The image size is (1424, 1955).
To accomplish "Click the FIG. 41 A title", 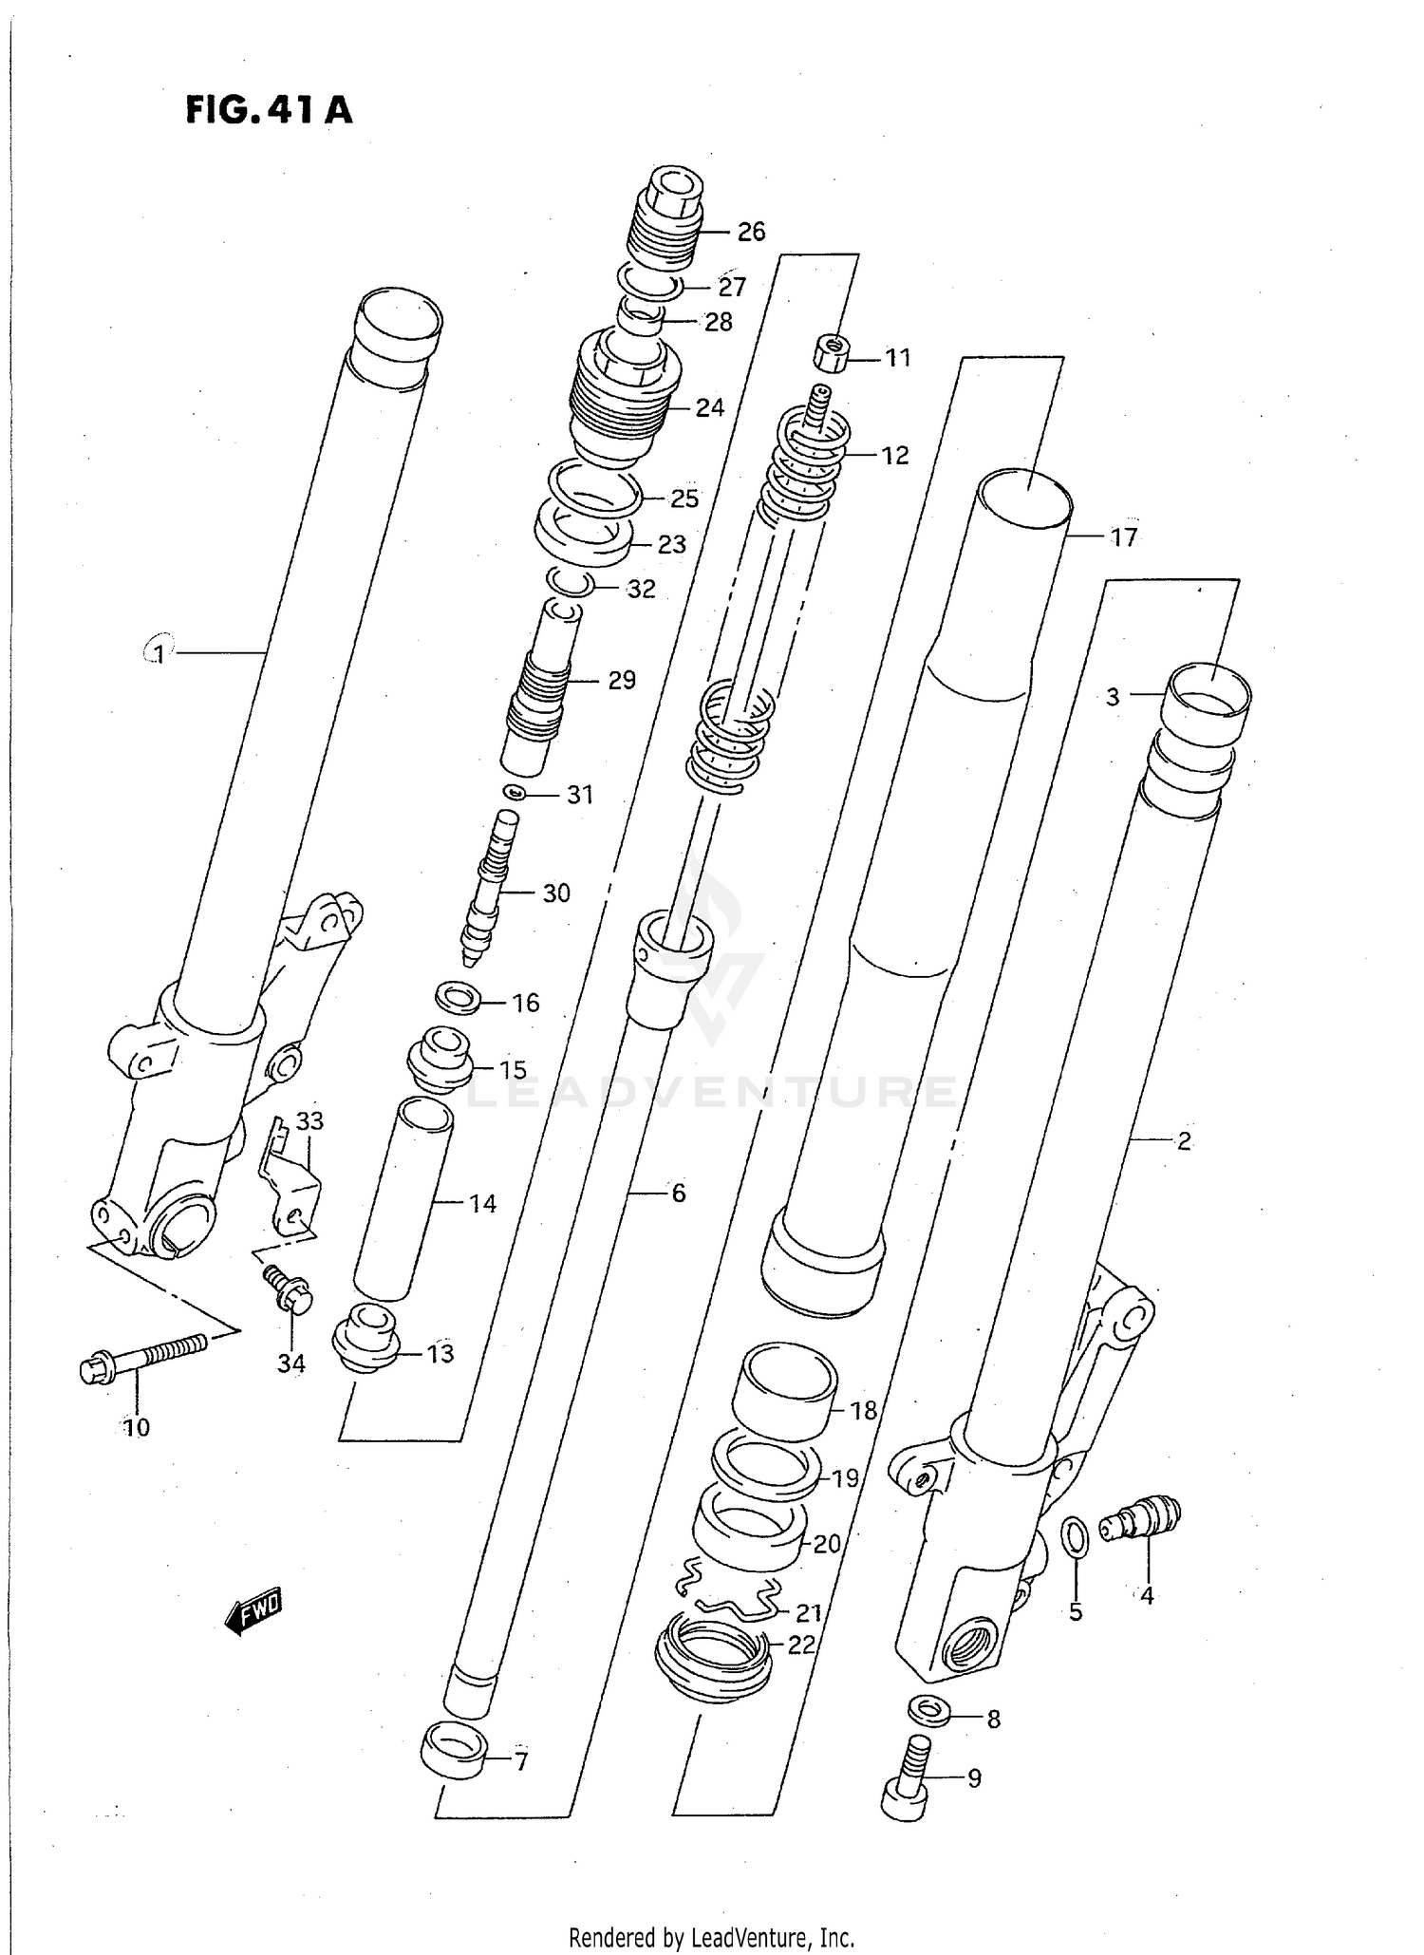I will point(269,110).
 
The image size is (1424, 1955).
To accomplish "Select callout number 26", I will point(751,232).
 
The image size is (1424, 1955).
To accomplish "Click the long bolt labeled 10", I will point(142,1359).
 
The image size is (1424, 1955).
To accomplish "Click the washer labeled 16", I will point(457,999).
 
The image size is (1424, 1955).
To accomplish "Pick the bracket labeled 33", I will point(290,1187).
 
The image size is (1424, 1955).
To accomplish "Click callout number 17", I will point(1123,537).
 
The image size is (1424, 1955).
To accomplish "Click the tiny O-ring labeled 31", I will point(514,793).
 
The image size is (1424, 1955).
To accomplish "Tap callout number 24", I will point(709,407).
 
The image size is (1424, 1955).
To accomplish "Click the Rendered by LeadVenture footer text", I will point(711,1937).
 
